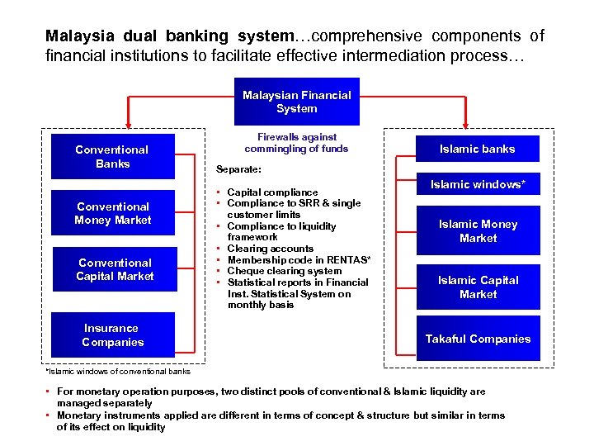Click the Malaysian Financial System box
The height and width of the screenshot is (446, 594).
point(296,102)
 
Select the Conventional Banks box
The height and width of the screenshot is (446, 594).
point(112,156)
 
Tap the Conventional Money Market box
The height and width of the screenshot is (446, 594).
point(112,213)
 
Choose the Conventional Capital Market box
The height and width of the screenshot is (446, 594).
point(115,269)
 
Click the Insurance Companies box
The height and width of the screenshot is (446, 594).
point(112,334)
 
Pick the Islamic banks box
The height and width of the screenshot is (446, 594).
point(478,149)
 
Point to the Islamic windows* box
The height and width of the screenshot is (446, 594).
point(478,184)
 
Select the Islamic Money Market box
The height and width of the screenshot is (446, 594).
point(478,230)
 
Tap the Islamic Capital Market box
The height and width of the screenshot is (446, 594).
point(478,287)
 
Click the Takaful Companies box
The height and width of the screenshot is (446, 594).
point(478,339)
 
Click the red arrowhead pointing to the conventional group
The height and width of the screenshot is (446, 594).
point(128,121)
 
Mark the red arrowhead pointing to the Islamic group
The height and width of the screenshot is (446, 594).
point(464,121)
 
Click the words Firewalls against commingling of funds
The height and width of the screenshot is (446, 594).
point(296,142)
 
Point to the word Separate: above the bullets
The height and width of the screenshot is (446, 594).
point(238,168)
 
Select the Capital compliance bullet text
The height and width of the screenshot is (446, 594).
point(272,192)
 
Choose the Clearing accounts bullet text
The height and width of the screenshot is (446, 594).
point(270,249)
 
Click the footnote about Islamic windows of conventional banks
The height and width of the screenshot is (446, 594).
point(118,371)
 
